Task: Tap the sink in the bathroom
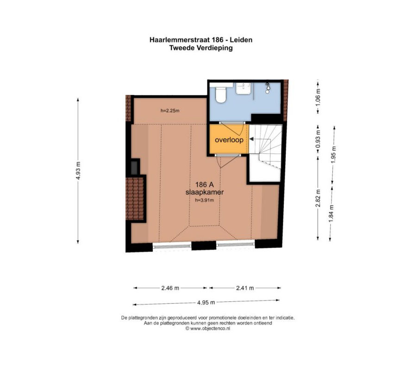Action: tap(244, 88)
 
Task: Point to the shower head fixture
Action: tap(268, 87)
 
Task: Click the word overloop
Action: tap(229, 140)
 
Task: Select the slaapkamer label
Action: tap(205, 192)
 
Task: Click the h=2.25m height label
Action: tap(170, 111)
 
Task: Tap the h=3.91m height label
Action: tap(204, 200)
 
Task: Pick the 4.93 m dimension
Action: tap(78, 171)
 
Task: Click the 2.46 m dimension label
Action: tap(170, 288)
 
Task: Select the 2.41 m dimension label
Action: tap(245, 288)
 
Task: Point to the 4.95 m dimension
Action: tap(206, 303)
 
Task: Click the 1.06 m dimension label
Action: tap(318, 97)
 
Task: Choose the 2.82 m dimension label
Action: tap(318, 198)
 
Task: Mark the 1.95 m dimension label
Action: tap(333, 155)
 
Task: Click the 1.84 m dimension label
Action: tap(332, 213)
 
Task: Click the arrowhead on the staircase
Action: tap(251, 139)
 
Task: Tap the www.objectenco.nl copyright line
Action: tap(208, 329)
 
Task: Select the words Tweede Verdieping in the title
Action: tap(201, 48)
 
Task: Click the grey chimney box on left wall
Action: tap(134, 168)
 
